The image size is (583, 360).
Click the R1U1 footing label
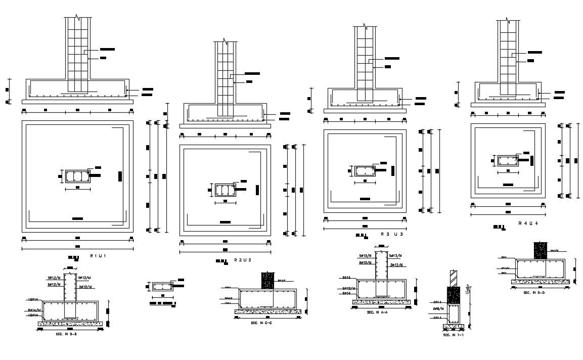[98, 256]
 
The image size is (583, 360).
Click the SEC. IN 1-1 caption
[453, 335]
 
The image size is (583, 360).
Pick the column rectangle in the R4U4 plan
[507, 160]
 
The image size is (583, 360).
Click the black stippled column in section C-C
[267, 281]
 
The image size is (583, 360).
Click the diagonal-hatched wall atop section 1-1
[454, 279]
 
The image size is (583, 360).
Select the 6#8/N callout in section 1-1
[438, 308]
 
